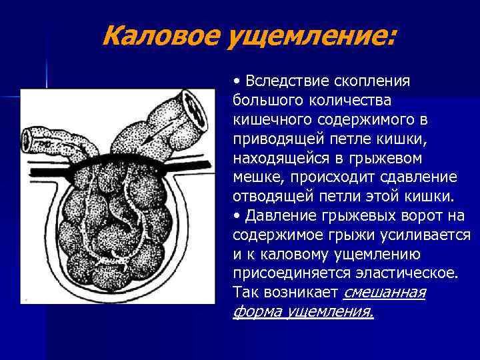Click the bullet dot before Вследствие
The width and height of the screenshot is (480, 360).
click(237, 81)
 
